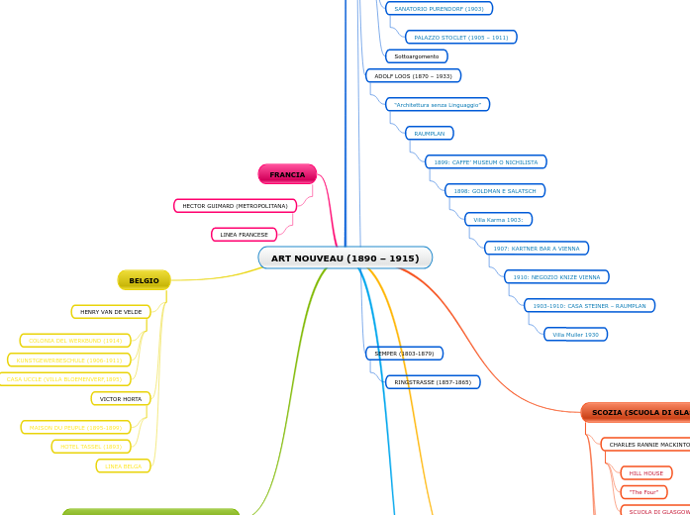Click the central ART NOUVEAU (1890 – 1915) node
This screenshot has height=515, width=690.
[345, 258]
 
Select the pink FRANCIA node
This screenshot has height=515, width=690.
[287, 174]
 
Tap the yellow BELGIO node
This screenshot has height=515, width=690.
[144, 280]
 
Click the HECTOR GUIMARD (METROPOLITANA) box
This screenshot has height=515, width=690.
[235, 206]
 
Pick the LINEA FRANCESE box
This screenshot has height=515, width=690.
[244, 235]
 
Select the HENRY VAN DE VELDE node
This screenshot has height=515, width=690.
[111, 312]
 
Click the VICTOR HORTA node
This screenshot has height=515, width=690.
[121, 399]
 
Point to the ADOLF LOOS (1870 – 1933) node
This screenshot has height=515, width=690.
[413, 75]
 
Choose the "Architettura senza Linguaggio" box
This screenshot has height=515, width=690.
[438, 104]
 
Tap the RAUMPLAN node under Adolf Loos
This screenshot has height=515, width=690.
[429, 133]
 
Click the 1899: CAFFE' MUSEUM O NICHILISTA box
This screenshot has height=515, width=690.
[485, 161]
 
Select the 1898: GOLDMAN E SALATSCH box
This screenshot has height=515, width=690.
[494, 190]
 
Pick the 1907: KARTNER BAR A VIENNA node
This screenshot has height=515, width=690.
[536, 249]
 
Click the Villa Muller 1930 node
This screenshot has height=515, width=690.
[575, 335]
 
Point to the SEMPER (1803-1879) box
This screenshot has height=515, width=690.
[404, 354]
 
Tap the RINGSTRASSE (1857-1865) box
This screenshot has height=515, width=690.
[433, 382]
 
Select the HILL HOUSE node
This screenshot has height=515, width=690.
[645, 473]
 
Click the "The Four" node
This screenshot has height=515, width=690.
[643, 492]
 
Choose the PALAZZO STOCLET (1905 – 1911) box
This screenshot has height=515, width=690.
[460, 38]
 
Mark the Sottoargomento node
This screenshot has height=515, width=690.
[416, 56]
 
